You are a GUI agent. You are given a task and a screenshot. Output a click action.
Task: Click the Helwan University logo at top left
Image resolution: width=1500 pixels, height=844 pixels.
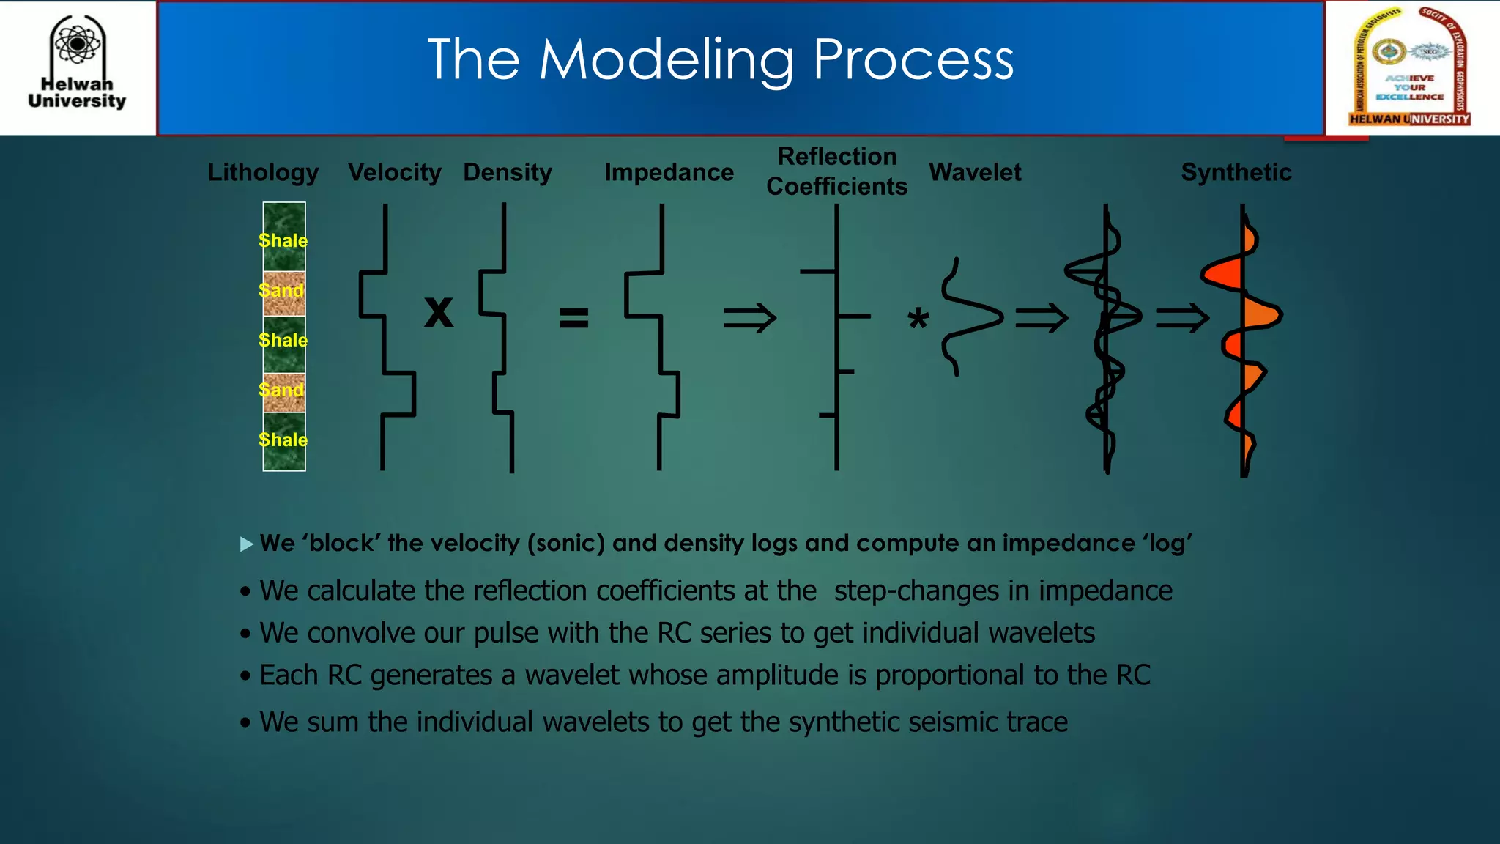click(x=77, y=64)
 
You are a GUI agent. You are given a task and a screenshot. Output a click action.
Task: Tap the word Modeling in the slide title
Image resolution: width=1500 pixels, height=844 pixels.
click(x=666, y=60)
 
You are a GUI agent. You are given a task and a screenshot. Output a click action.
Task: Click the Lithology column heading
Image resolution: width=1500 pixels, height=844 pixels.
click(x=263, y=172)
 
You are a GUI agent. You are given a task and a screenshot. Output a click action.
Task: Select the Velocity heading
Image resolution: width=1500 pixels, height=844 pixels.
click(x=394, y=172)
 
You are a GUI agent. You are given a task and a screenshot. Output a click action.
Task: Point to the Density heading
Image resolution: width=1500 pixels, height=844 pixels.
click(x=508, y=172)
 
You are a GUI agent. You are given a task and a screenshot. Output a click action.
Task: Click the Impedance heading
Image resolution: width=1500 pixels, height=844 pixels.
click(x=669, y=172)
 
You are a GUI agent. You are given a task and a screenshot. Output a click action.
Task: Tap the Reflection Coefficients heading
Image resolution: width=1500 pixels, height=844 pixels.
click(x=836, y=171)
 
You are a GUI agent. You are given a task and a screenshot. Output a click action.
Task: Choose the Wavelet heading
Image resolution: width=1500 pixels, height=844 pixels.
click(x=975, y=172)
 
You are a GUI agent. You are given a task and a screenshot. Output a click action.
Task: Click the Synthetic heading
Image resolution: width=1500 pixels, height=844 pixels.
click(x=1236, y=172)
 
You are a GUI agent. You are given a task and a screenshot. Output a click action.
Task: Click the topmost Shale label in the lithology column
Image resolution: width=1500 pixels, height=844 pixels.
click(x=283, y=240)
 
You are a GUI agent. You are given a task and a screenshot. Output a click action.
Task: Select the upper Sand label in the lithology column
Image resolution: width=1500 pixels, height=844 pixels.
click(x=281, y=290)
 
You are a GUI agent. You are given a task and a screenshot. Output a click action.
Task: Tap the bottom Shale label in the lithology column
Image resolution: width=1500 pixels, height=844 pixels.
click(x=283, y=440)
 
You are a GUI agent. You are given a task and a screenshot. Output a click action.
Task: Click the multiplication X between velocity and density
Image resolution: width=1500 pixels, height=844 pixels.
click(x=439, y=312)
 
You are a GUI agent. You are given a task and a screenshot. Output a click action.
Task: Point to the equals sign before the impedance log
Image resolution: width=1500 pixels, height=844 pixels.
click(x=573, y=318)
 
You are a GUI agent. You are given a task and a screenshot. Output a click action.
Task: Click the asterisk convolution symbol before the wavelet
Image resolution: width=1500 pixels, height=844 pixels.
click(x=918, y=319)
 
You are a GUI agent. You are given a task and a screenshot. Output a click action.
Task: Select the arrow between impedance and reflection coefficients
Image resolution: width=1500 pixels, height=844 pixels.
click(x=749, y=318)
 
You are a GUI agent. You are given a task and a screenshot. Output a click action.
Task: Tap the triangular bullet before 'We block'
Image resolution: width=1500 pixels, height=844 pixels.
click(x=247, y=544)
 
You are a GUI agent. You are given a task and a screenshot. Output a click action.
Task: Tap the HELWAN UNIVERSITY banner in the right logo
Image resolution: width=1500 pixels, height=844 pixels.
click(x=1409, y=119)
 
